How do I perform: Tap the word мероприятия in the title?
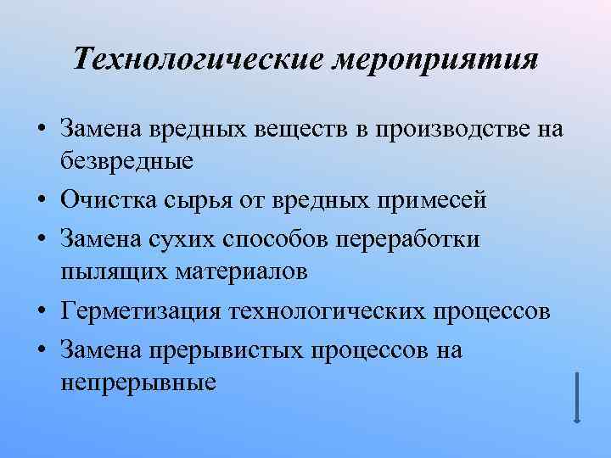[439, 59]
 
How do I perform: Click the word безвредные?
[127, 159]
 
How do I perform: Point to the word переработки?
[409, 240]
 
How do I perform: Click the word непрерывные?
[138, 380]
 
